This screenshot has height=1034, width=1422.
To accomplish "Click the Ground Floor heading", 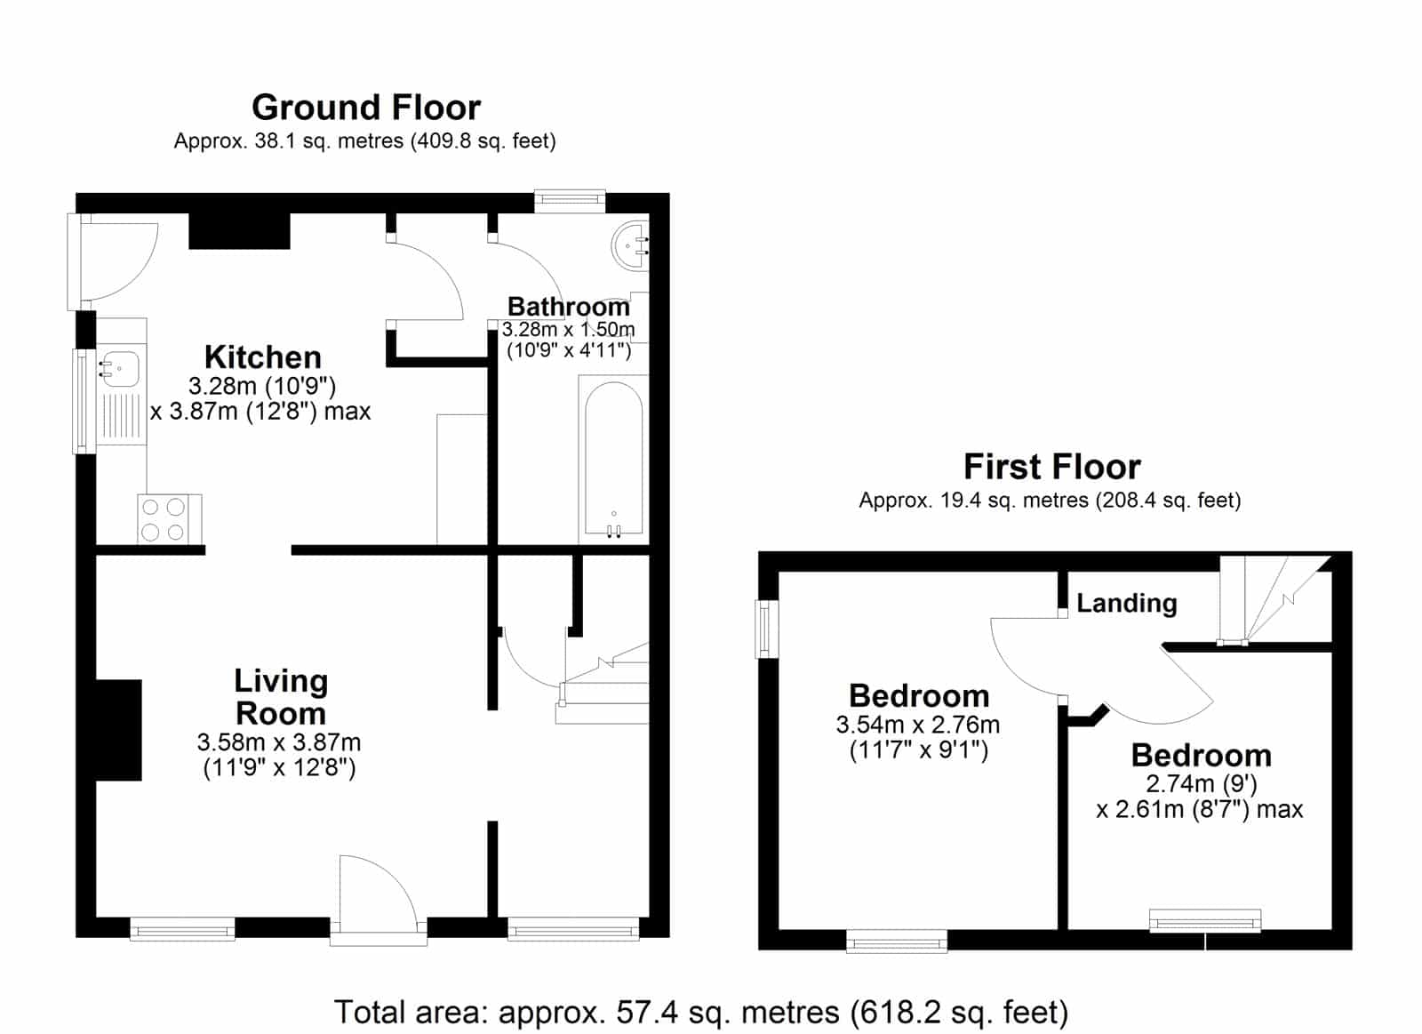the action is click(x=365, y=108).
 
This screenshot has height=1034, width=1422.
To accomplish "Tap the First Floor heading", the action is click(x=1052, y=467).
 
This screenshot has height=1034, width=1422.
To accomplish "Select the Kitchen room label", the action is click(x=263, y=357).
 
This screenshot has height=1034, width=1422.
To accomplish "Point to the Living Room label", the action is click(x=281, y=697).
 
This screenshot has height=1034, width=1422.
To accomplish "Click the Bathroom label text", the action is click(x=568, y=307).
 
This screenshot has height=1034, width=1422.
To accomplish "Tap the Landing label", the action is click(x=1127, y=603).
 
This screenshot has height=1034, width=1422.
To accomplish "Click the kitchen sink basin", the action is click(x=121, y=369).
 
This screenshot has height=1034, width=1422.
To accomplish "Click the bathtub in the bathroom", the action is click(x=613, y=458).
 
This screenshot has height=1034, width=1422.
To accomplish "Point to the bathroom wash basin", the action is click(x=630, y=245).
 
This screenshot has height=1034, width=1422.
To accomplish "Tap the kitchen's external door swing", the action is click(x=119, y=261).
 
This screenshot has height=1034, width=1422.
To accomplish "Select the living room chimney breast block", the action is click(x=118, y=730).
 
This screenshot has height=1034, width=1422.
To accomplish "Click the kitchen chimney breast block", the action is click(x=239, y=230).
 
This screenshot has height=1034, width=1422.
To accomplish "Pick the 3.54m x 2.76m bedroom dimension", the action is click(x=918, y=737).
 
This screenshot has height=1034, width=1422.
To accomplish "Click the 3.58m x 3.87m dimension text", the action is click(x=279, y=755).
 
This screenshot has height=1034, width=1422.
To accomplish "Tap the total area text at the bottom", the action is click(x=701, y=1013).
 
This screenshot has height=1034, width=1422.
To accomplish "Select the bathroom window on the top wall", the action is click(x=570, y=201).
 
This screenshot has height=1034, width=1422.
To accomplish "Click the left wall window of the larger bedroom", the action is click(x=768, y=629).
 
